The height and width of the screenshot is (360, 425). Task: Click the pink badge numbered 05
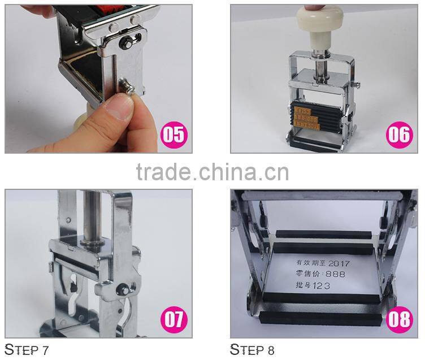[x=173, y=135]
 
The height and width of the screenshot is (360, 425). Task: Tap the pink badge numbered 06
[x=399, y=135]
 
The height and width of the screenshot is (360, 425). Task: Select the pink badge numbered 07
[x=173, y=320]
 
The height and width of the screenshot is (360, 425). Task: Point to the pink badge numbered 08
[x=399, y=320]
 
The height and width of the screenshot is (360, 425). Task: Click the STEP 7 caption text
[x=27, y=349]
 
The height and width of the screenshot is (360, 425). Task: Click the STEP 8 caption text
[x=252, y=349]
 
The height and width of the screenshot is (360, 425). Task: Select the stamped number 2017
[x=339, y=263]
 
